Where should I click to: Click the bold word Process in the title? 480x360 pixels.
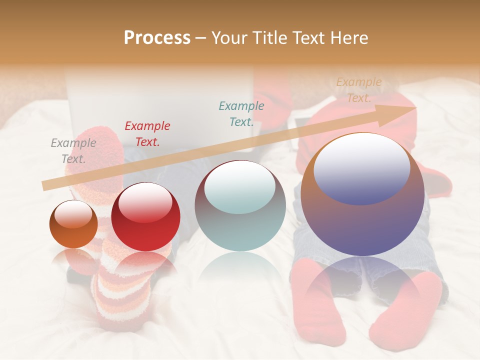coord(157,38)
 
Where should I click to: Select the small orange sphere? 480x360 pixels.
coord(73,224)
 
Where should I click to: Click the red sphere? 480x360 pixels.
coord(145,217)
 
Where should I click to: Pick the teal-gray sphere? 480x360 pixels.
coord(240,206)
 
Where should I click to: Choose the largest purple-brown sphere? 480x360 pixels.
coord(362,195)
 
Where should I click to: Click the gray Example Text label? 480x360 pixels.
coord(73,151)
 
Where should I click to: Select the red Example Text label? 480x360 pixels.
coord(147,134)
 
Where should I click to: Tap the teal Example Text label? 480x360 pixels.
coord(241,113)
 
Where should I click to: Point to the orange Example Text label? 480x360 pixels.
coord(359,90)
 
